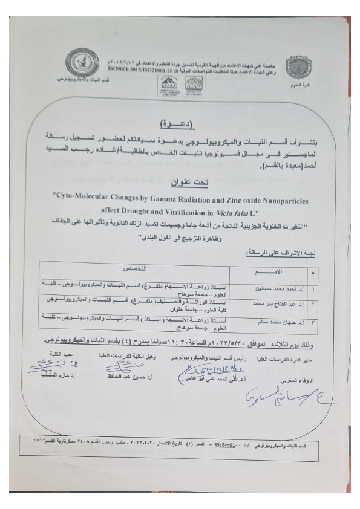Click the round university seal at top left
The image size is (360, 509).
coord(83,62)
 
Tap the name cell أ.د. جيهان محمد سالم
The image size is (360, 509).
coord(278,322)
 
